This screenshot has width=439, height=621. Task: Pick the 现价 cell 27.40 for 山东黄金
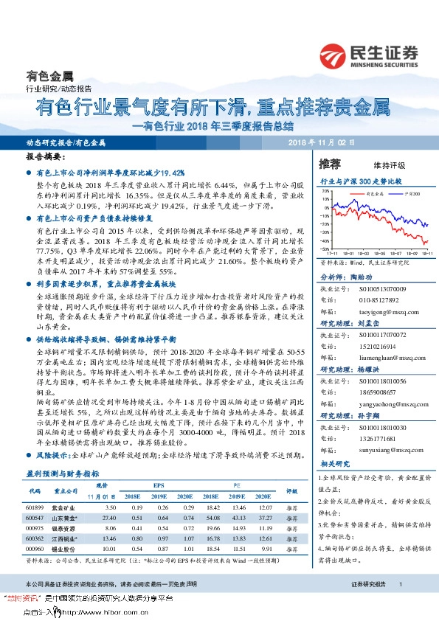tap(111, 518)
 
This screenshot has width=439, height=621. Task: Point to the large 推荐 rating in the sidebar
tap(330, 163)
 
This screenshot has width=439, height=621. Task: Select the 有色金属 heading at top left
tap(49, 76)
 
